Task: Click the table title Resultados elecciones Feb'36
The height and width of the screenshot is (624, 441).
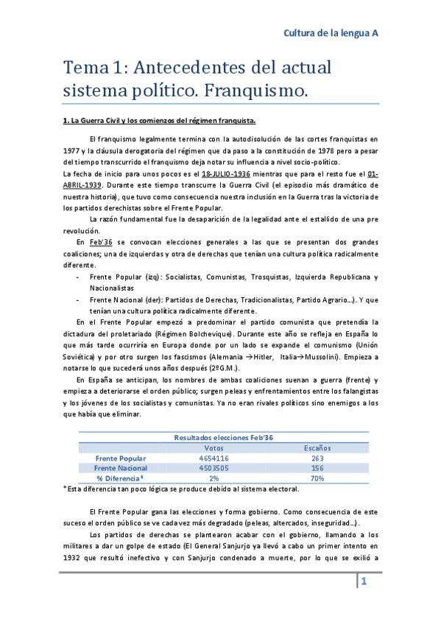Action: (x=223, y=437)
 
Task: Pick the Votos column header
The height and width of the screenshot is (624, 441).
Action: (x=214, y=447)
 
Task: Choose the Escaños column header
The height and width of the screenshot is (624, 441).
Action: (x=318, y=447)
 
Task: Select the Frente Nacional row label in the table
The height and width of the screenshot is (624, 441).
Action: (x=120, y=467)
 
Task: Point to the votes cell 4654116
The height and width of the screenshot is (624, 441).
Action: (x=214, y=458)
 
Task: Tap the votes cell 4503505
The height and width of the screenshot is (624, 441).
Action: (x=214, y=467)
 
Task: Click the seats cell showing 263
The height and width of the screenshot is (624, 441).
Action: (x=318, y=458)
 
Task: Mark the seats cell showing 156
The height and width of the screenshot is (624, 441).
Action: (x=318, y=467)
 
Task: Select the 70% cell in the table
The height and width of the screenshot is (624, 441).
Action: (x=318, y=478)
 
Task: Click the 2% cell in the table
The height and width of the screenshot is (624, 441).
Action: (x=214, y=478)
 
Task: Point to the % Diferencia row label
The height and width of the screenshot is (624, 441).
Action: (x=120, y=478)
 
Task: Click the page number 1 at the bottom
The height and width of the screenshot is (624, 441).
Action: (x=363, y=582)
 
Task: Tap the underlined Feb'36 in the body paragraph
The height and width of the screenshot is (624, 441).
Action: (x=99, y=242)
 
